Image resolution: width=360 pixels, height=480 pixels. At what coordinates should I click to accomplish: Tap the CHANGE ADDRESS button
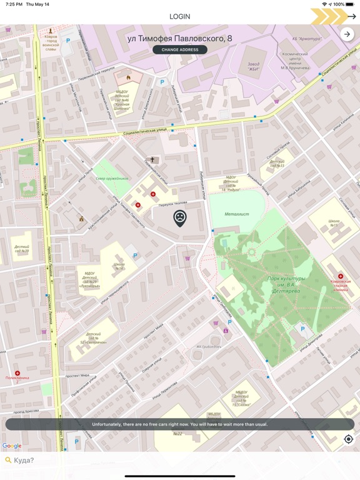point(180,49)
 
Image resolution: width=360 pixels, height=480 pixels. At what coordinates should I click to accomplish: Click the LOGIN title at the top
point(180,16)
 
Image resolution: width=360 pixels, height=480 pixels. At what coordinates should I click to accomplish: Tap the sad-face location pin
point(180,217)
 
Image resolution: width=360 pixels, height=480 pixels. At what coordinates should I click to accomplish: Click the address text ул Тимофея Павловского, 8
point(180,38)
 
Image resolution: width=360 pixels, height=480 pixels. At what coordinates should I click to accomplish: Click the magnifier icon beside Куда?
point(8,460)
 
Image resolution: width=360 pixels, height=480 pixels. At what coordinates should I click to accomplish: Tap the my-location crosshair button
point(349,439)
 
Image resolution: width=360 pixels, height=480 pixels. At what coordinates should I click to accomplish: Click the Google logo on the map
point(12,446)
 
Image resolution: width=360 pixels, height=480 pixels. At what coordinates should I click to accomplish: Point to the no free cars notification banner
point(180,424)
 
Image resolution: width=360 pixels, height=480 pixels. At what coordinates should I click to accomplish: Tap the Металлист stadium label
point(237,214)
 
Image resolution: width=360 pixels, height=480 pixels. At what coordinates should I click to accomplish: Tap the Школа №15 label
point(334,223)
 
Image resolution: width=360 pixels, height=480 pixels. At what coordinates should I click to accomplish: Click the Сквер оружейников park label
point(112,178)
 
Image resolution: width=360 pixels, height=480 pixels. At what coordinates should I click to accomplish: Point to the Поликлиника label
point(17,377)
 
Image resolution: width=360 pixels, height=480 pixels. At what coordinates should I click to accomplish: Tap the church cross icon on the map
point(152,160)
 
